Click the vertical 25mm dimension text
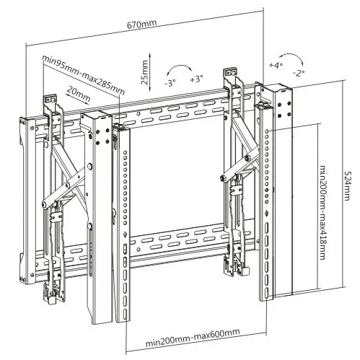144,73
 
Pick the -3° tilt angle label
170,81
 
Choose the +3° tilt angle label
196,78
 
